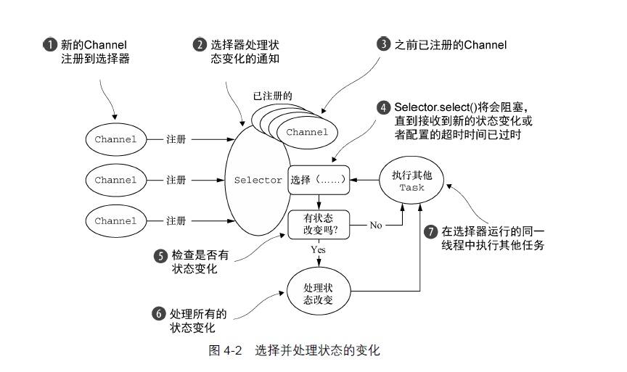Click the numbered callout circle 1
point(49,44)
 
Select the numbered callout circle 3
point(383,44)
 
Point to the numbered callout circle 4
point(383,107)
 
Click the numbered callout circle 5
point(160,256)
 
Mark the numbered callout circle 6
point(159,314)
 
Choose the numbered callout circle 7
point(431,231)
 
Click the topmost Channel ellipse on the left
point(115,139)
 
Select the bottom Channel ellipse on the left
point(115,220)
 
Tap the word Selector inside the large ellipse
point(258,180)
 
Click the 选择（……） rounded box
point(319,180)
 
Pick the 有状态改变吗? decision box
point(318,225)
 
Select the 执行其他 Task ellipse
point(411,181)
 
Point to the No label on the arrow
point(375,226)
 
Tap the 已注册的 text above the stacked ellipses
point(272,96)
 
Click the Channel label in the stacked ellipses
point(307,132)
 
